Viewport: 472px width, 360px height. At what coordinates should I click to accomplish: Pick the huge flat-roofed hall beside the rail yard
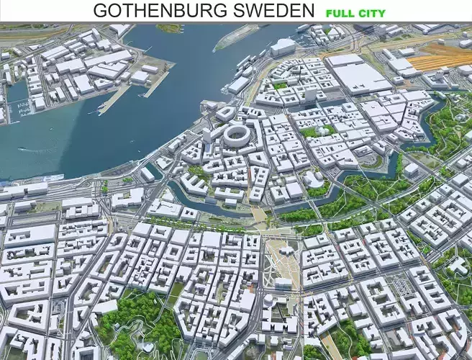(x=360, y=74)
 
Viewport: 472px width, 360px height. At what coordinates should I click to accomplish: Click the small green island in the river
(x=170, y=28)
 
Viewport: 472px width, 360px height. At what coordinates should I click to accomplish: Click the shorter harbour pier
(x=155, y=84)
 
